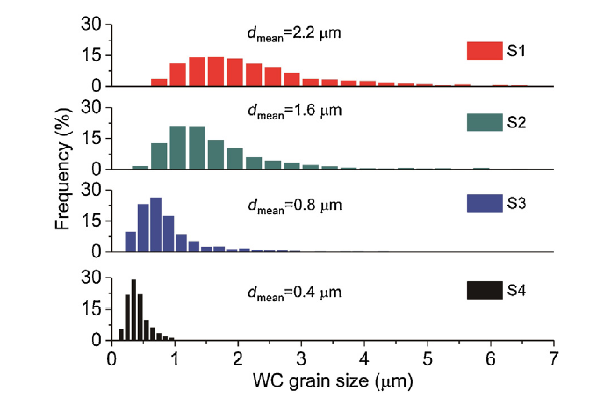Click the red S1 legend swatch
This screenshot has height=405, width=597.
coord(483,51)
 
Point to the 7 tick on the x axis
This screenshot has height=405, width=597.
coord(553,358)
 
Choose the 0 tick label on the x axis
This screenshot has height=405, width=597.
coord(111,358)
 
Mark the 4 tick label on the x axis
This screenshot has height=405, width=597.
coord(363,358)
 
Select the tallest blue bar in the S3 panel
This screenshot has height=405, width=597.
coord(156,224)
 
